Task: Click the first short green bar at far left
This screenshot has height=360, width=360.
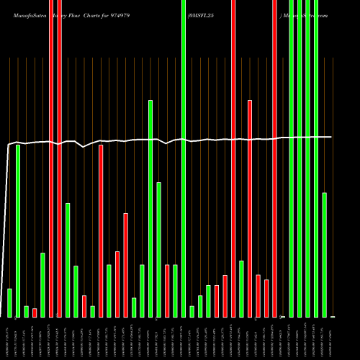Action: (x=9, y=302)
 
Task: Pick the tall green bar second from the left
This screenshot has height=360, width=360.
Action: (x=18, y=230)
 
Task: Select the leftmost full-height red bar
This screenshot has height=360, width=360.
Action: (x=51, y=158)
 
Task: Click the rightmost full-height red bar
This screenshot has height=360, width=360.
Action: (x=274, y=158)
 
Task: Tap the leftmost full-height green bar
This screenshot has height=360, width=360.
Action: (x=184, y=158)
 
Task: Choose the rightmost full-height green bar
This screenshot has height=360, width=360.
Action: (x=316, y=158)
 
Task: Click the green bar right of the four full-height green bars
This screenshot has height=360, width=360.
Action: (x=325, y=255)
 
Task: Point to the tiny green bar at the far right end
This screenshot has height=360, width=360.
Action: (x=333, y=316)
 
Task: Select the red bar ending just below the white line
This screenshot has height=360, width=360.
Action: (x=101, y=230)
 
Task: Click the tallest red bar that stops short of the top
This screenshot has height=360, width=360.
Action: (x=250, y=209)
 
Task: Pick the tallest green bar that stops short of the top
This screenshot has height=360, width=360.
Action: (x=150, y=209)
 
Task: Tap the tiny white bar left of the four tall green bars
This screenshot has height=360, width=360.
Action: (x=283, y=316)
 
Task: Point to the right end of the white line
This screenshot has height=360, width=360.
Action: (x=331, y=137)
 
